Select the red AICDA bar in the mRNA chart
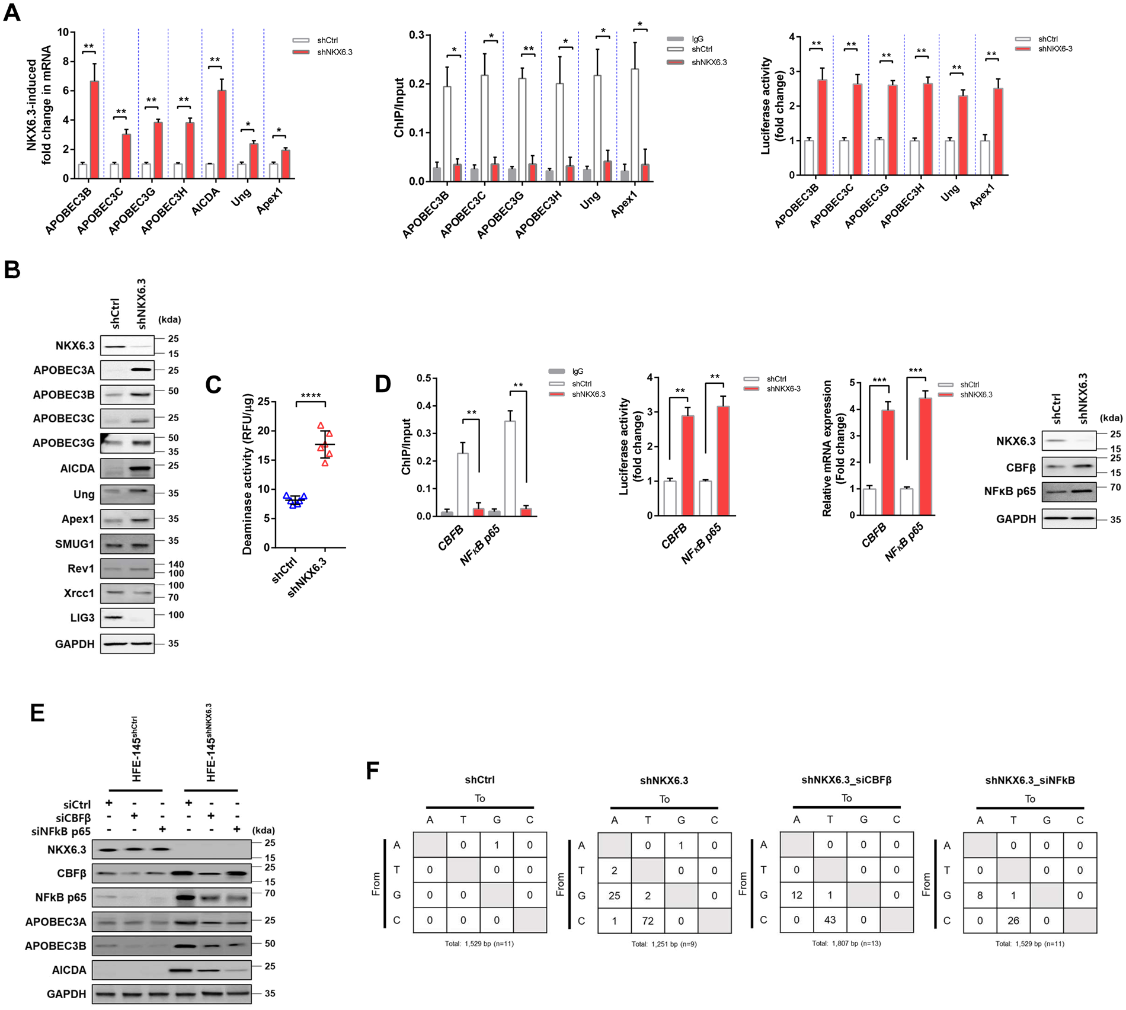[x=221, y=134]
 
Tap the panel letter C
[x=213, y=385]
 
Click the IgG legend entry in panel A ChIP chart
[x=697, y=39]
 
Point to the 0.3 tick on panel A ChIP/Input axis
[x=417, y=35]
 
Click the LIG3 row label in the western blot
[x=82, y=618]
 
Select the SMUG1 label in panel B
[x=75, y=543]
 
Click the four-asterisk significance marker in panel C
[x=311, y=396]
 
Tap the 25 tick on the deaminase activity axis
[x=263, y=402]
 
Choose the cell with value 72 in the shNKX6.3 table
[x=647, y=921]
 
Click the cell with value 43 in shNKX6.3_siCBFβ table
[x=830, y=920]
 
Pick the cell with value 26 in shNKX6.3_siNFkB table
[x=1013, y=920]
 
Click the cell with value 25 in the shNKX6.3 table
[x=614, y=896]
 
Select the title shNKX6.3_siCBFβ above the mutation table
[x=846, y=780]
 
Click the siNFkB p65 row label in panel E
[x=61, y=831]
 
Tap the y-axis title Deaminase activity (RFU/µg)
[x=247, y=474]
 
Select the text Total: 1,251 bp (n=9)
[x=664, y=944]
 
